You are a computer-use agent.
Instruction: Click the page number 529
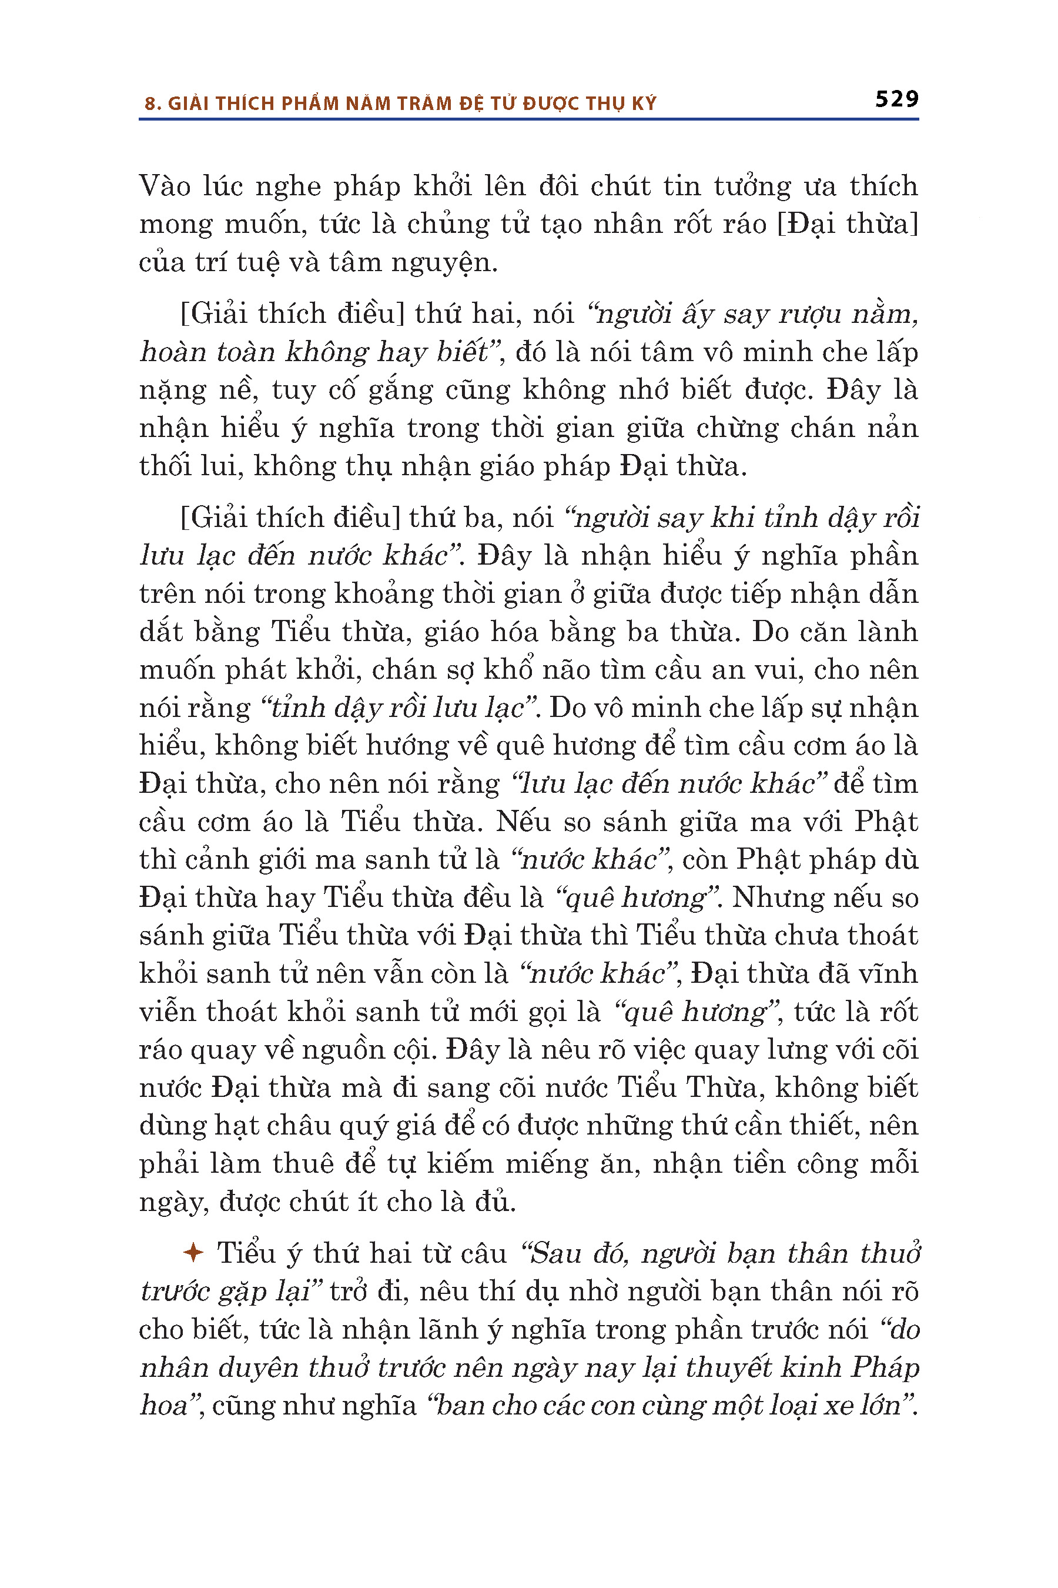click(897, 99)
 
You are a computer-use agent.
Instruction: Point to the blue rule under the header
click(528, 119)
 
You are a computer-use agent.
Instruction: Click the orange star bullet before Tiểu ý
click(193, 1253)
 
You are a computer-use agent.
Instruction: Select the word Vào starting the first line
click(165, 186)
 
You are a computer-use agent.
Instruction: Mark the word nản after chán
click(893, 429)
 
